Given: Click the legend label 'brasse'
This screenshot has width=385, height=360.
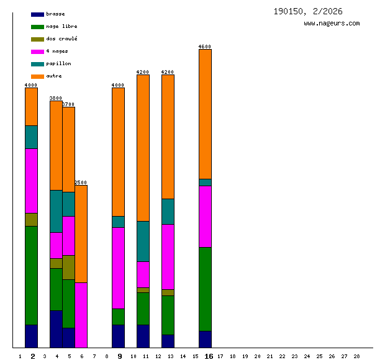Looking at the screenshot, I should point(55,14).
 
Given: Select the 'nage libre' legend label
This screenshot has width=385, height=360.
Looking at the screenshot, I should point(61,26).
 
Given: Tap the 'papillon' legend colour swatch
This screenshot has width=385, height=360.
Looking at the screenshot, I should point(37,64).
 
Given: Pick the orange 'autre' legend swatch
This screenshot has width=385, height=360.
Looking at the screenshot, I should point(37,76).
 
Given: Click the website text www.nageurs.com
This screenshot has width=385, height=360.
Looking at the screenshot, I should point(332,24).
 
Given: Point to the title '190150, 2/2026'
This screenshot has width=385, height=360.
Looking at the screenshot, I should point(307,11).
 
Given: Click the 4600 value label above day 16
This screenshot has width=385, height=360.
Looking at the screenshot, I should point(205,47).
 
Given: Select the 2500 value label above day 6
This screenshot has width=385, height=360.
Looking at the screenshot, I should point(81,182).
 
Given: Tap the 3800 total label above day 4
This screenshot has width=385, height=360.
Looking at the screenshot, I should point(56,98).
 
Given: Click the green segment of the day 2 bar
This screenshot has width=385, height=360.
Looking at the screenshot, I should point(31,275).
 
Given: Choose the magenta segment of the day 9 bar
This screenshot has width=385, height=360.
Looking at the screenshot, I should point(118,268).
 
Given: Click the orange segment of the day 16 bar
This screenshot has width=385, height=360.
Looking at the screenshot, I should point(205,114).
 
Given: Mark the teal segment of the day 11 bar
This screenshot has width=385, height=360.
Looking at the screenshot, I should point(143,241).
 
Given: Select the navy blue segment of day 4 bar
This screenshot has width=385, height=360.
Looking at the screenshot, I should point(56,329).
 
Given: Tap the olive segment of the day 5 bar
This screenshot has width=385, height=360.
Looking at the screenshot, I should point(68,267).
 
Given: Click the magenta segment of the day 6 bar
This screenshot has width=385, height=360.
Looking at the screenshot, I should point(81,315).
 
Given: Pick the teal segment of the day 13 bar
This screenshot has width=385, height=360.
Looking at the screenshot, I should point(168,211).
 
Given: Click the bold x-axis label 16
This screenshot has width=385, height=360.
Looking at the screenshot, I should point(209,356).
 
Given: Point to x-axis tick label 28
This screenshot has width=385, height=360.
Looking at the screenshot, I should point(356,356).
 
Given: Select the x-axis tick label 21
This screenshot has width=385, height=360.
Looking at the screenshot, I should point(269,356).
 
